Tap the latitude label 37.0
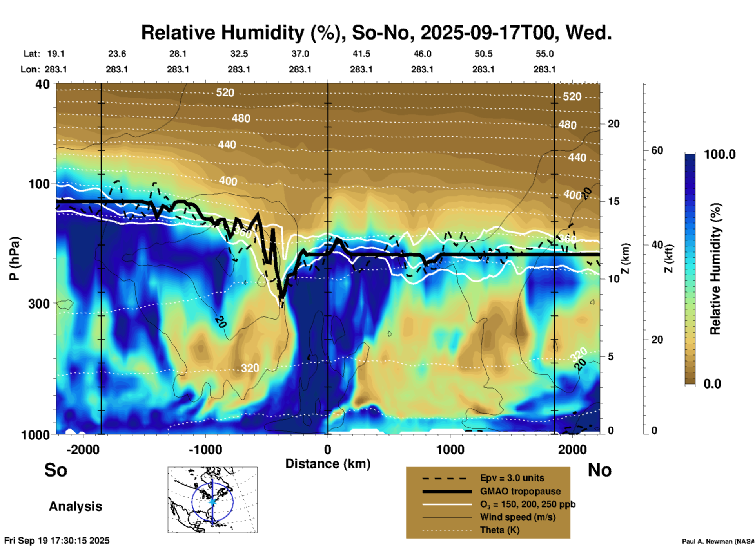pyautogui.click(x=300, y=54)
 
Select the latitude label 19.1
pyautogui.click(x=56, y=54)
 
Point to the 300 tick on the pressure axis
pyautogui.click(x=39, y=304)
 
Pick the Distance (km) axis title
pyautogui.click(x=328, y=464)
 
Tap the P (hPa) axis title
pyautogui.click(x=15, y=259)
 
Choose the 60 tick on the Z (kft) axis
pyautogui.click(x=657, y=150)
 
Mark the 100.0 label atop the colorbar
pyautogui.click(x=720, y=154)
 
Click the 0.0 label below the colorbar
pyautogui.click(x=712, y=383)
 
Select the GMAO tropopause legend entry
pyautogui.click(x=520, y=491)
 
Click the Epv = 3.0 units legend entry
pyautogui.click(x=512, y=478)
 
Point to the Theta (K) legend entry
pyautogui.click(x=499, y=530)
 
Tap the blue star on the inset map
pyautogui.click(x=212, y=501)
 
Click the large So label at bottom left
pyautogui.click(x=56, y=470)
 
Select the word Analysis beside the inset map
pyautogui.click(x=75, y=506)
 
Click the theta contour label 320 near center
pyautogui.click(x=250, y=368)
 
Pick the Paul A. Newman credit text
pyautogui.click(x=718, y=541)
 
